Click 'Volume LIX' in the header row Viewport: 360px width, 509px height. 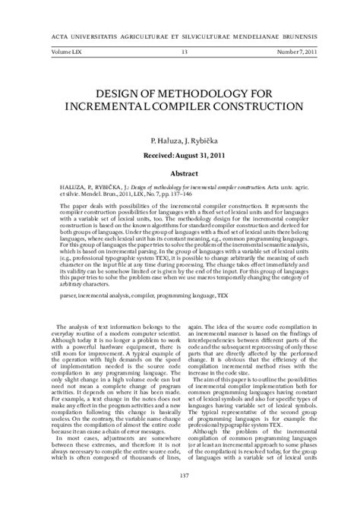(65, 52)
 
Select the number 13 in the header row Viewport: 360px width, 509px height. (184, 52)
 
